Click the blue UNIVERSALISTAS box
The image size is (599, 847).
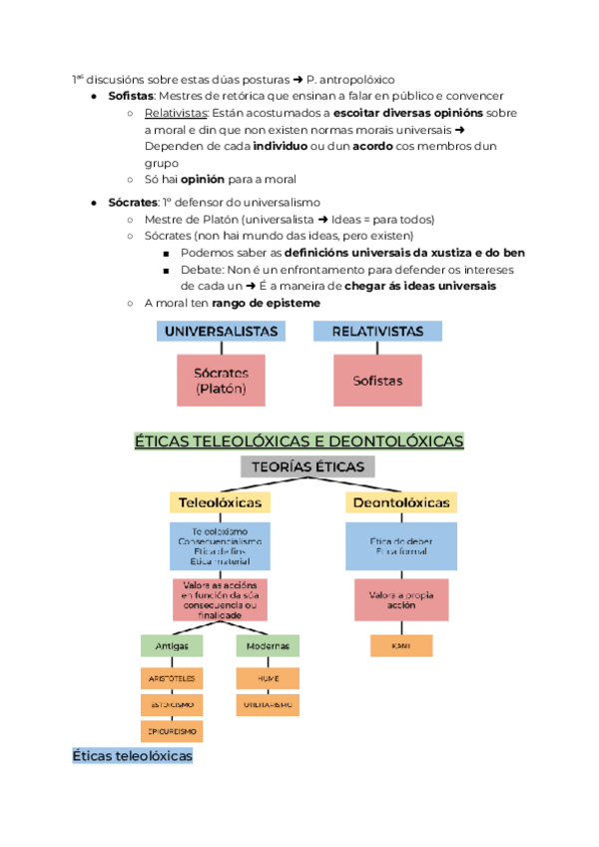click(x=222, y=331)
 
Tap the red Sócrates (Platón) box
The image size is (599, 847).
click(x=222, y=380)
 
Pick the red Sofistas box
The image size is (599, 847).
click(x=377, y=381)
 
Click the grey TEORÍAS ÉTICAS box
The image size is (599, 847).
click(x=307, y=466)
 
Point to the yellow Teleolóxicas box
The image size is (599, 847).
click(x=221, y=502)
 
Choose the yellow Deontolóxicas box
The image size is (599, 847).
click(x=400, y=502)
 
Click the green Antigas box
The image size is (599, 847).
click(x=171, y=646)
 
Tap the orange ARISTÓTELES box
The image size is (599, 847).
click(x=172, y=678)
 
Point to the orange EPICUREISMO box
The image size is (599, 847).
click(x=172, y=732)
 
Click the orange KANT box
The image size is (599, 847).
click(x=401, y=646)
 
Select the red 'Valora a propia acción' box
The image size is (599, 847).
click(x=399, y=601)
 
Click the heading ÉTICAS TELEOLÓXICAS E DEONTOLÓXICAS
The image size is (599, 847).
click(x=299, y=440)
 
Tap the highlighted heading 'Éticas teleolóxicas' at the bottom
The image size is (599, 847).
click(x=132, y=757)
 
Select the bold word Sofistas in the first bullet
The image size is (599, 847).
click(x=131, y=96)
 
